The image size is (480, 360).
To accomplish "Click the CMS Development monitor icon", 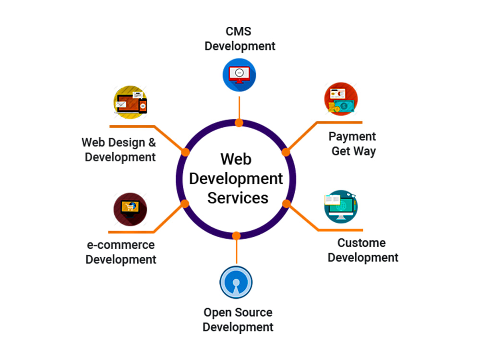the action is pos(239,75).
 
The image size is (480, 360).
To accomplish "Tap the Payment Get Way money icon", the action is pos(341,99).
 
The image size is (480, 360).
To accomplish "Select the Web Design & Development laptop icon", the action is pos(131,102).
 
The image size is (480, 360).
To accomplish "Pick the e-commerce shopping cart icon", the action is pos(130,209).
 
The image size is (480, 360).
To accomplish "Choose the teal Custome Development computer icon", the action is pos(341,206).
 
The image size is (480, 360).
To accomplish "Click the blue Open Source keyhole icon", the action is pos(236,282).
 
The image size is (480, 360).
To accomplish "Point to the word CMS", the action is pos(239,31).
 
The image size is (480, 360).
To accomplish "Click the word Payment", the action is pos(352,136).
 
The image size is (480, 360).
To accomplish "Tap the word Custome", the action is pos(361,243).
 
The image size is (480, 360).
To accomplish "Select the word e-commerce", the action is pos(121,245).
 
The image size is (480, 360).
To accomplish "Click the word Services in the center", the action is pos(238,198).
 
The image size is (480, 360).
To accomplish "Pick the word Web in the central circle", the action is pos(236,159).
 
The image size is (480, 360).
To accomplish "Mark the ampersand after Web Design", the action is pos(152,143).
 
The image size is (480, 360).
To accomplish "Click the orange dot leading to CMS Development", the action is pos(239,123).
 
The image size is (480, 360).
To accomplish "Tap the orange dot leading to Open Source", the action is pos(236,236).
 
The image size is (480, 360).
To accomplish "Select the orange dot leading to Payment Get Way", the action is pos(286,152).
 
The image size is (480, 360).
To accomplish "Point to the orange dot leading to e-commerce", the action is pos(185,204).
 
